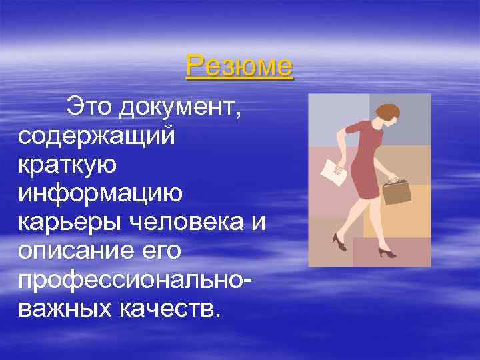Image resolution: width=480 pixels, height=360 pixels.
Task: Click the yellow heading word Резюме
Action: coord(239,66)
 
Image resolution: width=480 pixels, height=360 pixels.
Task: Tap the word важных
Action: coord(62,308)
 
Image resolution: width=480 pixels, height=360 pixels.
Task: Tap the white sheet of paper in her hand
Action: coord(333,171)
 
